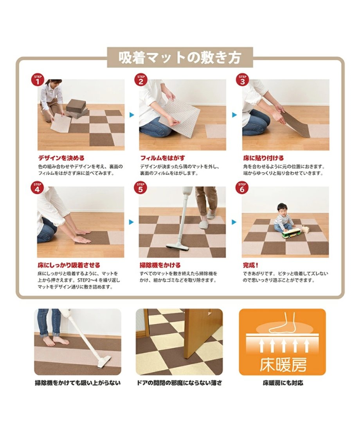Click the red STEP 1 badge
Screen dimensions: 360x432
[x=38, y=80]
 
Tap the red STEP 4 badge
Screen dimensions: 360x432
[x=37, y=187]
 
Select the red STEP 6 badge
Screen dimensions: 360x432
[x=242, y=187]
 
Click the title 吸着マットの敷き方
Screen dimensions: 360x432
[x=180, y=57]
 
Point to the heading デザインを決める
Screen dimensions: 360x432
[x=61, y=158]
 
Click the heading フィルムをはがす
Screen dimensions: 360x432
[x=162, y=158]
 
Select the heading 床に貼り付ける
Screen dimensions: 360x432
[x=263, y=158]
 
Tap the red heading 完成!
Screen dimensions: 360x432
[x=250, y=265]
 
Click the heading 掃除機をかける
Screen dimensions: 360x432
[x=160, y=265]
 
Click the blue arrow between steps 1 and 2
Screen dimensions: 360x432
[x=131, y=115]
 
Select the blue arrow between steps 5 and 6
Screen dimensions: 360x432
[x=234, y=222]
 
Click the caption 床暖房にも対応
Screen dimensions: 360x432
[x=283, y=383]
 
